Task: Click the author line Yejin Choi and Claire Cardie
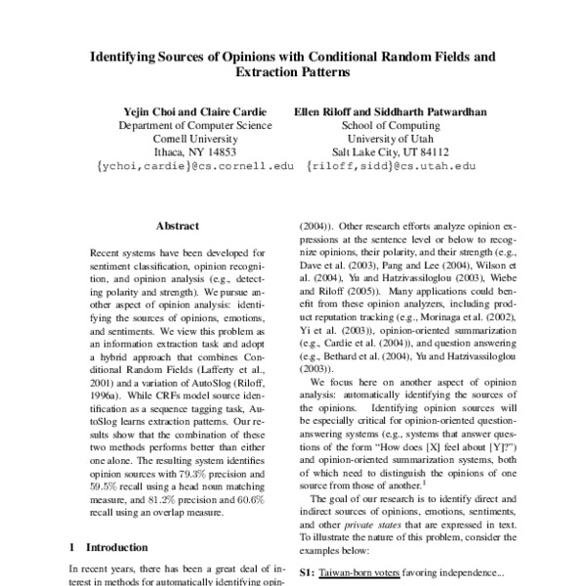(182, 111)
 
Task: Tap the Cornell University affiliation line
(182, 139)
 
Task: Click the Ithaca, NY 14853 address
(182, 152)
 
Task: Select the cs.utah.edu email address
(391, 167)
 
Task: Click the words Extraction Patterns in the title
(293, 72)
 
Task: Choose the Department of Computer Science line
(182, 125)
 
